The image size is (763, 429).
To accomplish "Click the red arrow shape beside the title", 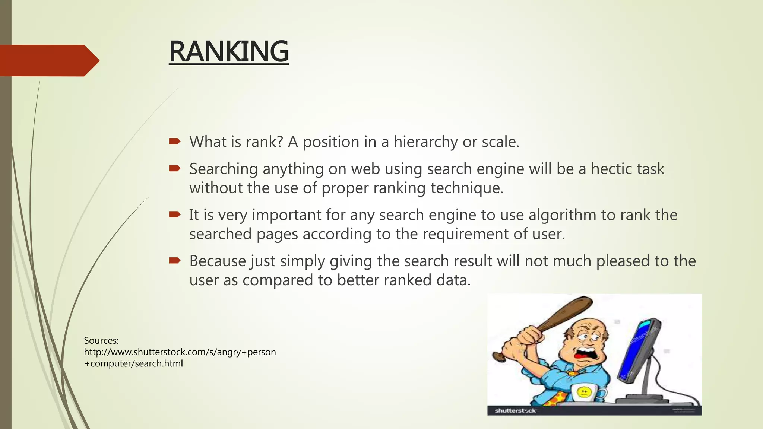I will [48, 60].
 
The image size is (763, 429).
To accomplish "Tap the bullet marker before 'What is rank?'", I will [174, 141].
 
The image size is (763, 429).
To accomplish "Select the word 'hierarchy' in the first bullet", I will [426, 142].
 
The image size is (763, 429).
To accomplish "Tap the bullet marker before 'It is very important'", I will [174, 214].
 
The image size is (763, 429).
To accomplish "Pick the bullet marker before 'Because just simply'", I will [174, 260].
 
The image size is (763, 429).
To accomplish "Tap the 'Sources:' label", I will [101, 340].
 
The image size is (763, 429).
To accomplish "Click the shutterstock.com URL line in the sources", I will [180, 352].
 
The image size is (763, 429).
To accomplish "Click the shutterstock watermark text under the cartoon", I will [515, 411].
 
